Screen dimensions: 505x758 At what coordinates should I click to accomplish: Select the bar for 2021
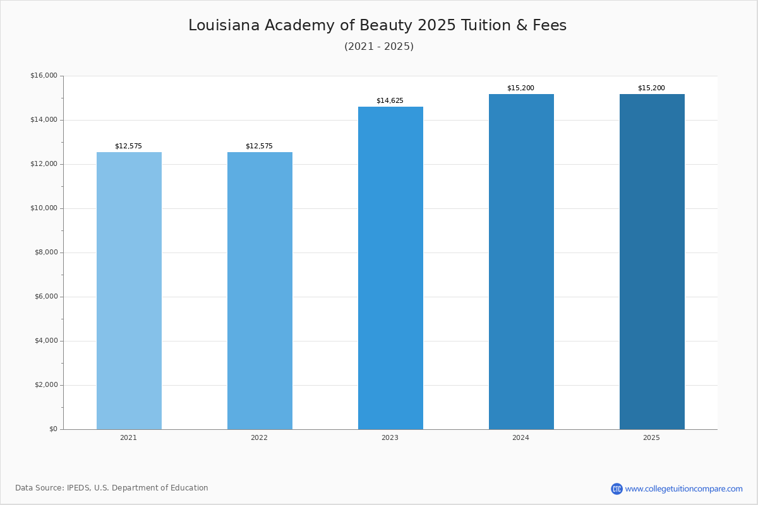tap(129, 290)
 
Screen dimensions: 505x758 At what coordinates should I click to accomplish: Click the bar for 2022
tap(260, 290)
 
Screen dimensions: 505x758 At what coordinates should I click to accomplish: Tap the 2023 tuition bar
tap(390, 268)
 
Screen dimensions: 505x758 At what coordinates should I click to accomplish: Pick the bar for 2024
tap(521, 262)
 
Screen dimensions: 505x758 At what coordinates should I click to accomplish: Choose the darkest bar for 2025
tap(652, 262)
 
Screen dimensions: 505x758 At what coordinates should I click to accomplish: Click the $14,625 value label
tap(390, 101)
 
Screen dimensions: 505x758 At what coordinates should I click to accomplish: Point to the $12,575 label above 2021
tap(128, 146)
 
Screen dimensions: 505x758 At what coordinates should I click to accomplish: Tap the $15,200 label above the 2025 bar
tap(651, 88)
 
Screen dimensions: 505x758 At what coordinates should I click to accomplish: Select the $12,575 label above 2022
tap(259, 146)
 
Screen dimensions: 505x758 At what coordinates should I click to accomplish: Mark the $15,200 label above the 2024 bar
tap(520, 88)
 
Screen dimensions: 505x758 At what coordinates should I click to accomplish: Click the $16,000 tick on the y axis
tap(44, 76)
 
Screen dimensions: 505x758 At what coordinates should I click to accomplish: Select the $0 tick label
tap(53, 429)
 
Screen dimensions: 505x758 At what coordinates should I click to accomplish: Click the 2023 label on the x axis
tap(390, 438)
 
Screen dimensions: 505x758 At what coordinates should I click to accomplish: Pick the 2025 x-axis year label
tap(651, 438)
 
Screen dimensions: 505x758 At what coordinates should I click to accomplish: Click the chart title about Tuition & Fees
tap(378, 26)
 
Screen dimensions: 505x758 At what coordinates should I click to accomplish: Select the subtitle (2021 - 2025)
tap(379, 47)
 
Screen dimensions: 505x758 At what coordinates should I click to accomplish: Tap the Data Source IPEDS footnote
tap(112, 488)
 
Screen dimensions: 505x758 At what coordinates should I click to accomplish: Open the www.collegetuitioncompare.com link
tap(683, 489)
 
